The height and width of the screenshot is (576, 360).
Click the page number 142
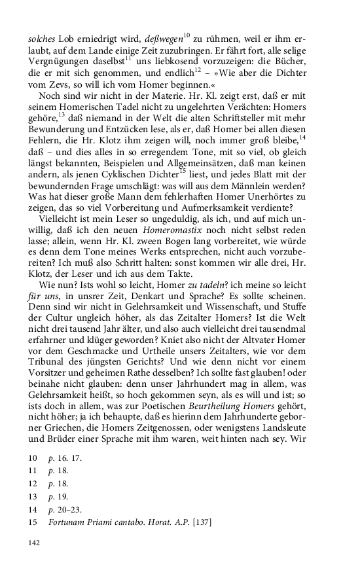(x=31, y=543)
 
